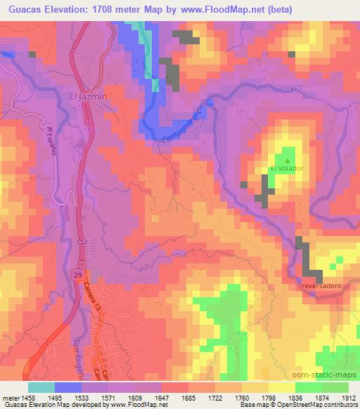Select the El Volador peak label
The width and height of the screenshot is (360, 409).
[x=286, y=168]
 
